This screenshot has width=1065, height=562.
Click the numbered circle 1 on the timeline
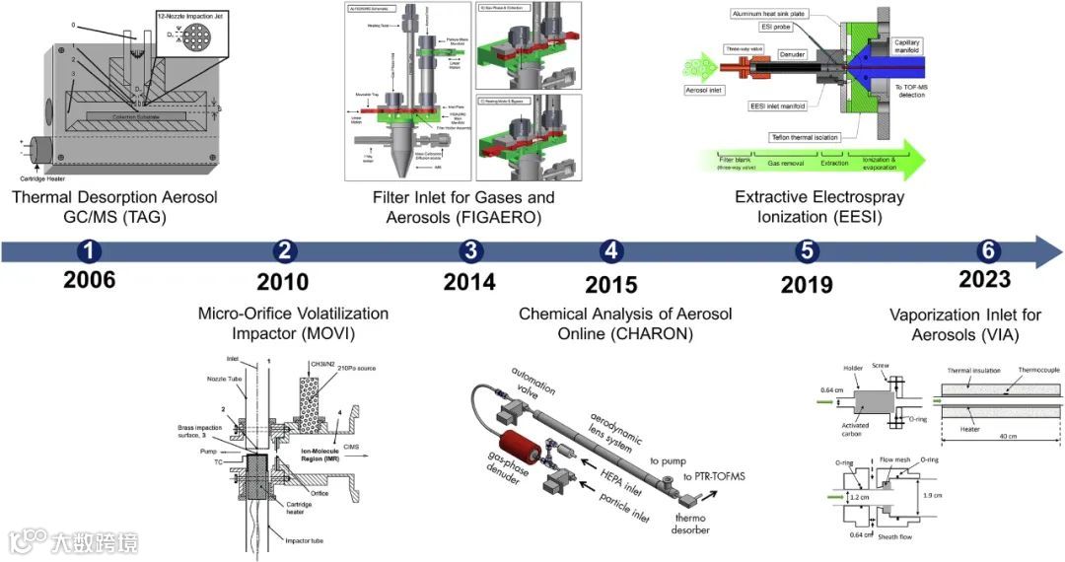(x=91, y=250)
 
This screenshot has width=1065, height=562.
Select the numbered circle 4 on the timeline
(x=611, y=250)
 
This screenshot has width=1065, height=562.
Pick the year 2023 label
(x=984, y=280)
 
